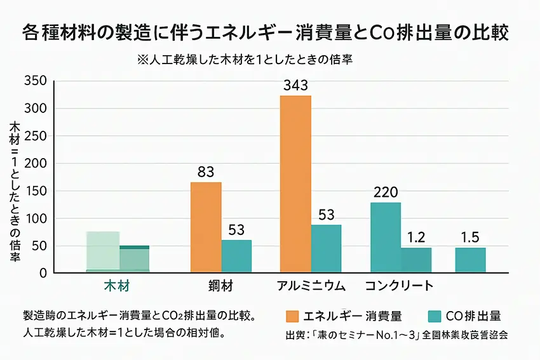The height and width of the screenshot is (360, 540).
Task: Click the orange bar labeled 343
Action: [295, 184]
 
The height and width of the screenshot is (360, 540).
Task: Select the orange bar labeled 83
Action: [206, 227]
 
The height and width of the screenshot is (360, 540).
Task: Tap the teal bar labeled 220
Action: [386, 237]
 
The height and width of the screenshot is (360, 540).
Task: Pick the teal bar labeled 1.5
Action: [470, 260]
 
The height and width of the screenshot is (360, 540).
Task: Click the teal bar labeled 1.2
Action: [416, 260]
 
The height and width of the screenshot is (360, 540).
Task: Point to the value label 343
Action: [295, 85]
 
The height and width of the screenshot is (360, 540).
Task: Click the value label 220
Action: [386, 191]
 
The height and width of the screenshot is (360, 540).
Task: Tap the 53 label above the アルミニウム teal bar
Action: [326, 215]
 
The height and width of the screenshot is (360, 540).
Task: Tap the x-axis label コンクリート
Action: [399, 286]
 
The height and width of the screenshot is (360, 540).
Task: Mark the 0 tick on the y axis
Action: [43, 273]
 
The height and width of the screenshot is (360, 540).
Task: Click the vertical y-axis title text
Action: [15, 190]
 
